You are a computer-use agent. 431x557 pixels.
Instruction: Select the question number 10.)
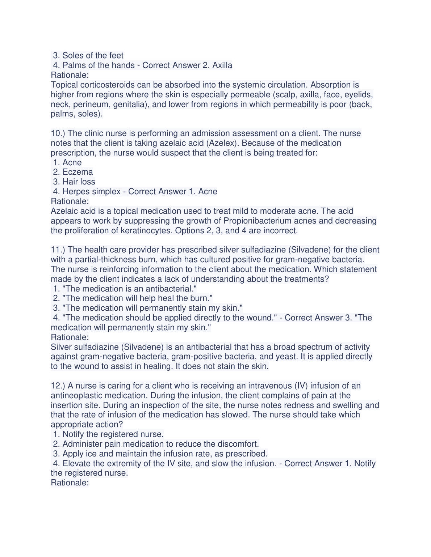58,133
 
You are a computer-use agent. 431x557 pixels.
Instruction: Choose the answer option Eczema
78,172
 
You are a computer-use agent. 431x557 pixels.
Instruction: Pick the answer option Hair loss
79,182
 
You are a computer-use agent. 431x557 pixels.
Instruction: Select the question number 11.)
58,250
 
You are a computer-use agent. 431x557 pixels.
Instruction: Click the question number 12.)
58,386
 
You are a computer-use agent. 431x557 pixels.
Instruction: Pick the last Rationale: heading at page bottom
70,483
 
